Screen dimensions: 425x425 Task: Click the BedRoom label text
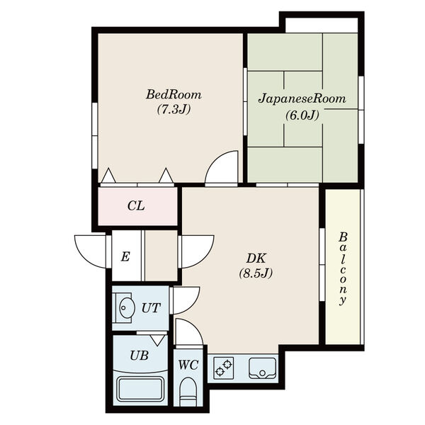(174, 95)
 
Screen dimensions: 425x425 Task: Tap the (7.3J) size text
(174, 109)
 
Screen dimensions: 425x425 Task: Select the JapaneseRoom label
(302, 98)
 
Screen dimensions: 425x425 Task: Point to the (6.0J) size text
(302, 115)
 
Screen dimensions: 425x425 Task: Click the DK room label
(256, 259)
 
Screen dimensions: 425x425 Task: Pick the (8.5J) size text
(256, 273)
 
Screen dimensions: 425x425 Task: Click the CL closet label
(136, 206)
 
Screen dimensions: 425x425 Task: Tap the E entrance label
(125, 256)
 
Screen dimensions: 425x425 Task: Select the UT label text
(152, 308)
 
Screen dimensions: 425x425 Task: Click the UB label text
(140, 356)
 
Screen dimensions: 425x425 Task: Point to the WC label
(188, 365)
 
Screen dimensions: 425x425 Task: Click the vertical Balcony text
(343, 269)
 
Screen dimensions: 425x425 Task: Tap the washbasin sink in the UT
(127, 308)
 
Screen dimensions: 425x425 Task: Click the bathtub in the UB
(140, 389)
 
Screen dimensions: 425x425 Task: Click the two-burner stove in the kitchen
(224, 368)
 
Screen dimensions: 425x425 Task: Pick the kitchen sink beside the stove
(262, 368)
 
